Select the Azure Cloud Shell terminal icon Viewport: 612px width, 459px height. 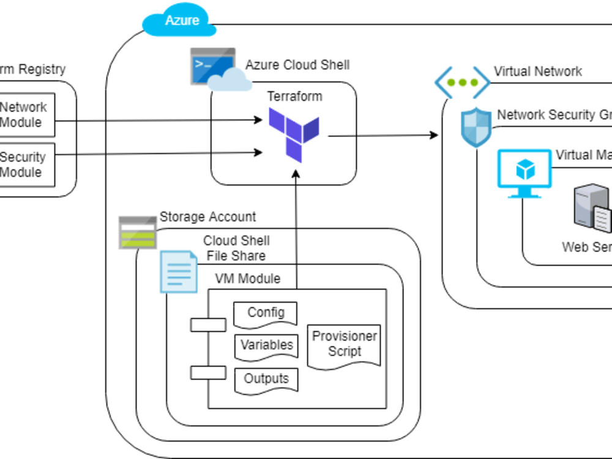pos(212,67)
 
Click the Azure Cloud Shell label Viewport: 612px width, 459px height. pos(297,65)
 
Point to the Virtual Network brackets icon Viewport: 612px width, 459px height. pos(462,83)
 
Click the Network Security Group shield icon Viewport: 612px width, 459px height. pos(476,127)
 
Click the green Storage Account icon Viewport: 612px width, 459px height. pos(138,232)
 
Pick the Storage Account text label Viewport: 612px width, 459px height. pos(207,217)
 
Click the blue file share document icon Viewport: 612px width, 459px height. pos(179,271)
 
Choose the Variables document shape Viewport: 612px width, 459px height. pos(266,346)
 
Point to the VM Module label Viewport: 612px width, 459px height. pos(247,279)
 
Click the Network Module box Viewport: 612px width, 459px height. pos(24,114)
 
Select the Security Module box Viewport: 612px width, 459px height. pos(24,165)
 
